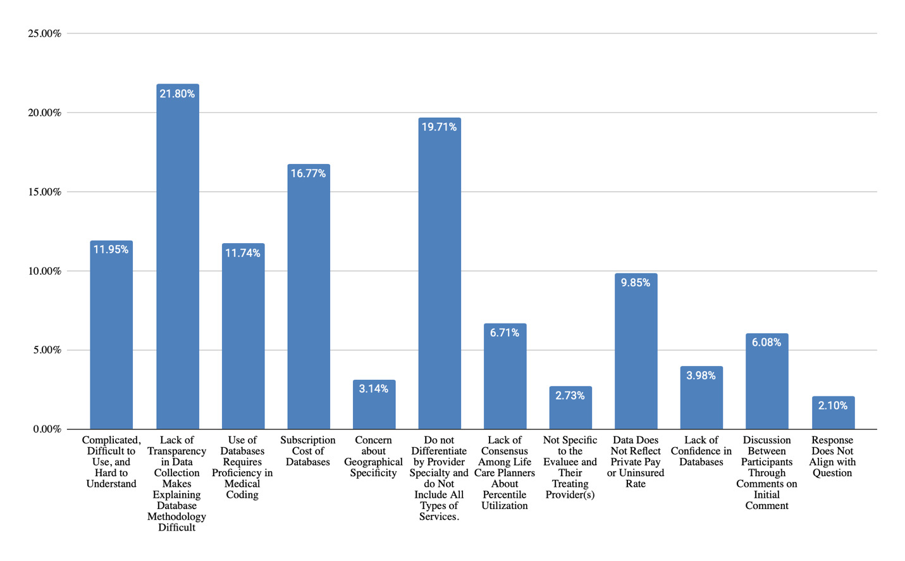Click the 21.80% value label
[x=177, y=94]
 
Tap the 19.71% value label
[x=440, y=127]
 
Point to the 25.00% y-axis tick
[x=44, y=34]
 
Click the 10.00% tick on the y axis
[x=44, y=271]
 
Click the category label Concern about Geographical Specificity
[x=373, y=457]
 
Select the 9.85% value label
[x=636, y=283]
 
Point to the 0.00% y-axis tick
[x=47, y=429]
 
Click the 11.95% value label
[x=111, y=250]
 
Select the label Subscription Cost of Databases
[x=308, y=451]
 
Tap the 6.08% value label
[x=766, y=343]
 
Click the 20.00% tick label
[x=44, y=113]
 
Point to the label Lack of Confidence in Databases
[x=701, y=451]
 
